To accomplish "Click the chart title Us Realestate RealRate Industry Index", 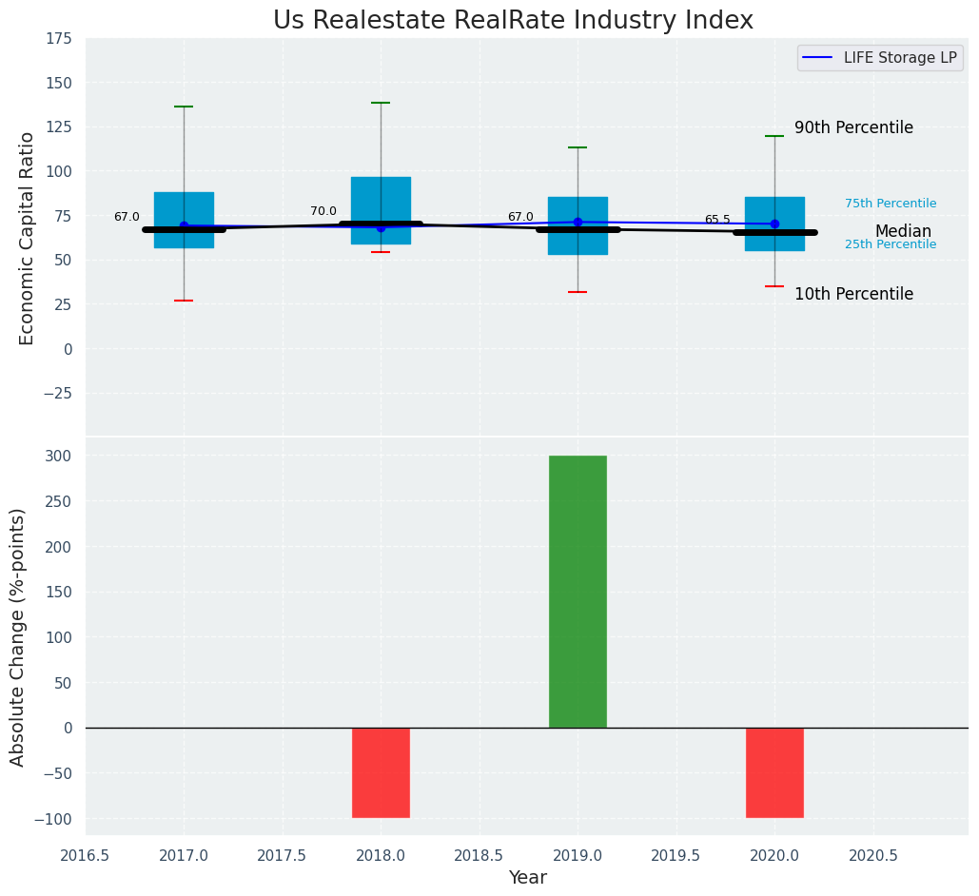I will coord(513,21).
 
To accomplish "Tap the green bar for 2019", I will coord(578,592).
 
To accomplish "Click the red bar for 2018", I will coord(381,772).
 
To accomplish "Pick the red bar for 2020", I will coord(774,772).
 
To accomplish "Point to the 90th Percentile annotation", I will coord(853,127).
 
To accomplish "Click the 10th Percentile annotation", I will coord(853,294).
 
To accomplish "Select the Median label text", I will coord(903,231).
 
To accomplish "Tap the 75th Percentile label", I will coord(891,204).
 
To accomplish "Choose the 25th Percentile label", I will coord(891,244).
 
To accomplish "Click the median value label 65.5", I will coord(717,220).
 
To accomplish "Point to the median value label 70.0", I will coord(323,211).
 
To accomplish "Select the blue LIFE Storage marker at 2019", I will coord(578,222).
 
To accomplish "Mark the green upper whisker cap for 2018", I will coord(381,103).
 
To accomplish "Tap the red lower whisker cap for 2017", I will coord(184,301).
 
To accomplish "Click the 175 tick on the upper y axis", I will coord(58,38).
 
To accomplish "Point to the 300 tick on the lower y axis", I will coord(58,456).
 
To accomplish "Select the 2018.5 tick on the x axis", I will coord(480,855).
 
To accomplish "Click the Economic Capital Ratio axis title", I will coord(27,238).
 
